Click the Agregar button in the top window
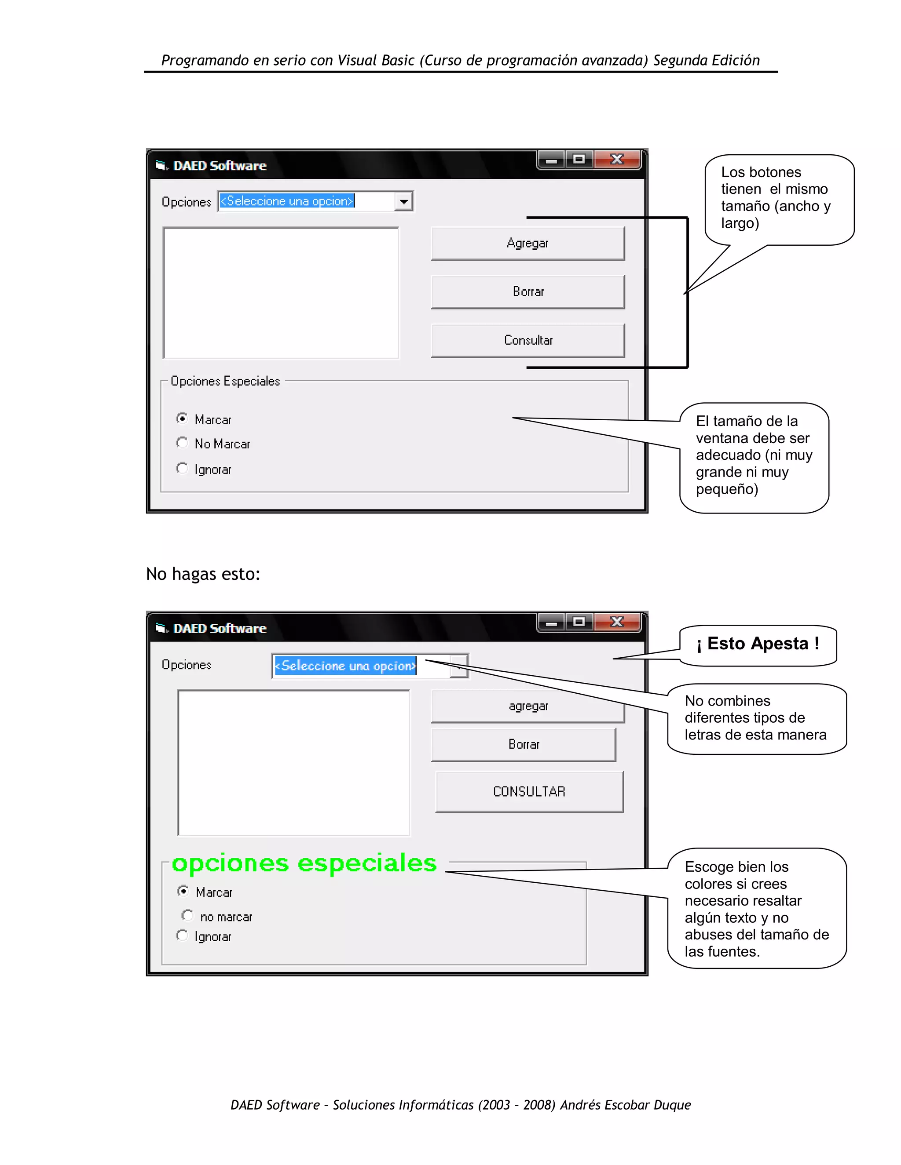coord(527,243)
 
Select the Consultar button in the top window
coord(527,340)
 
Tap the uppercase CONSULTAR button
coord(529,792)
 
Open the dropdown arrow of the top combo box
coord(404,202)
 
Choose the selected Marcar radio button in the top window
coord(182,419)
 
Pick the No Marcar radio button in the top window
coord(182,443)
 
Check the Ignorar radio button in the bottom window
coord(182,936)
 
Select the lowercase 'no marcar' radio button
coord(187,915)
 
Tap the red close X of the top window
coord(617,159)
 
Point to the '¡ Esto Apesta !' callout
coord(758,644)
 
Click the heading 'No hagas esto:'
coord(203,574)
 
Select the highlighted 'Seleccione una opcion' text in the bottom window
coord(345,666)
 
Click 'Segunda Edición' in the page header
coord(706,60)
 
